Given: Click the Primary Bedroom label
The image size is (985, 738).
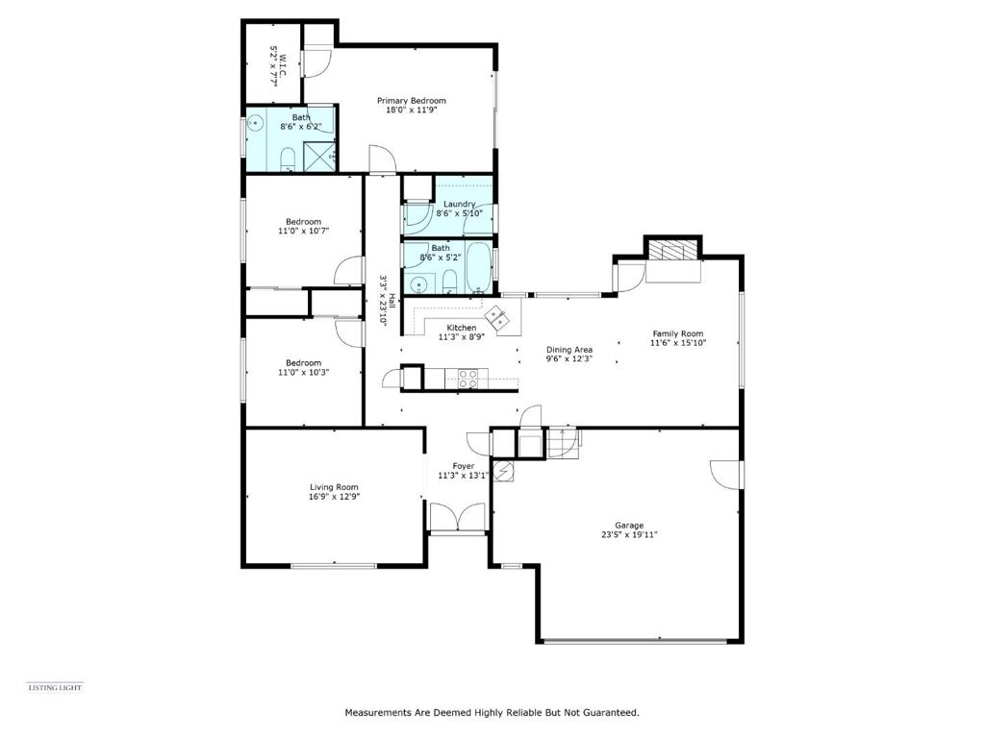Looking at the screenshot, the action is tap(412, 100).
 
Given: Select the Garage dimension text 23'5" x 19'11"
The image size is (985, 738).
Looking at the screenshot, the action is tap(629, 535).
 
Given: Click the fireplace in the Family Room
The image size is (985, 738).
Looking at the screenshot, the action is tap(673, 251).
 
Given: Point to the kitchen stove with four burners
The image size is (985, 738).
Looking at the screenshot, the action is tap(467, 379).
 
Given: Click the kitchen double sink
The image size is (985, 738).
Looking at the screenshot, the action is tap(500, 317).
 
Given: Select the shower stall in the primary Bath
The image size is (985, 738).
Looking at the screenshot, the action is tap(318, 156).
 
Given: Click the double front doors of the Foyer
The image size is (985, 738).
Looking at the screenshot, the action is tap(457, 517).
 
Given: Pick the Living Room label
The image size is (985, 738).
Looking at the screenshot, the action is tap(334, 487).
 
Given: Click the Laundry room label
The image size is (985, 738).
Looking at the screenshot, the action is tap(459, 204).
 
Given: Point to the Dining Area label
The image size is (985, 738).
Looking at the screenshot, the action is tap(569, 350).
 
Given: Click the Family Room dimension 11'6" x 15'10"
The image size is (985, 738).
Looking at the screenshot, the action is tap(678, 343).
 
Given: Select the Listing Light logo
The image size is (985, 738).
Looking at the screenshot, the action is tap(55, 688).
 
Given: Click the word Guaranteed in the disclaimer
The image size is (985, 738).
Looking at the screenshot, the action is tap(611, 713).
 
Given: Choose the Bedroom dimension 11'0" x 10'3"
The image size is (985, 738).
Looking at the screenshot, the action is tap(303, 372).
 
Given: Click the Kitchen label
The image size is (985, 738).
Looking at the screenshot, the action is tap(461, 328).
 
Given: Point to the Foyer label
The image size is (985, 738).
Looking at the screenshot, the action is tap(464, 466).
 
